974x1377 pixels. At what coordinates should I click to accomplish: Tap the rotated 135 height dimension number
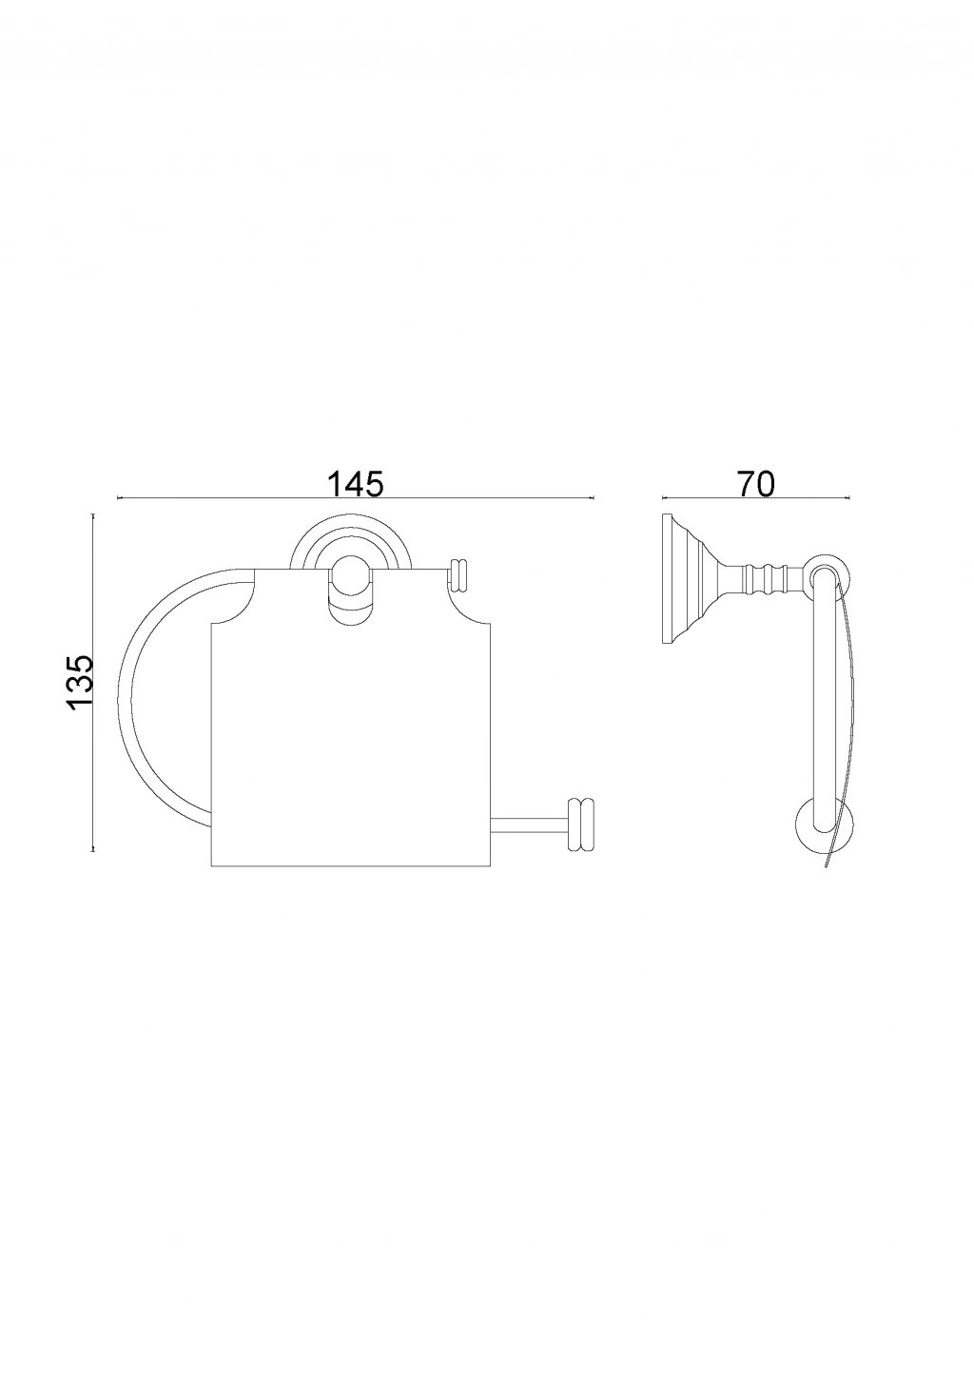pyautogui.click(x=81, y=683)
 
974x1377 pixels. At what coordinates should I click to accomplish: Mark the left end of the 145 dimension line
pyautogui.click(x=117, y=497)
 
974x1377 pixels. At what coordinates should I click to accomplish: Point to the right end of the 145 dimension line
pyautogui.click(x=594, y=497)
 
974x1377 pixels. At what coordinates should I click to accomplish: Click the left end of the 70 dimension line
pyautogui.click(x=662, y=497)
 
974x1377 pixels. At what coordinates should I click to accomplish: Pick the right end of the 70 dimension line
pyautogui.click(x=849, y=497)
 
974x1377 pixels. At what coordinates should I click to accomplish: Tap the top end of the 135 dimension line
pyautogui.click(x=93, y=514)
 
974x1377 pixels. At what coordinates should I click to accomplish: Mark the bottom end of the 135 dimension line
pyautogui.click(x=93, y=851)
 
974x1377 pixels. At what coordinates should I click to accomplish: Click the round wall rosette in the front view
pyautogui.click(x=350, y=542)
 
